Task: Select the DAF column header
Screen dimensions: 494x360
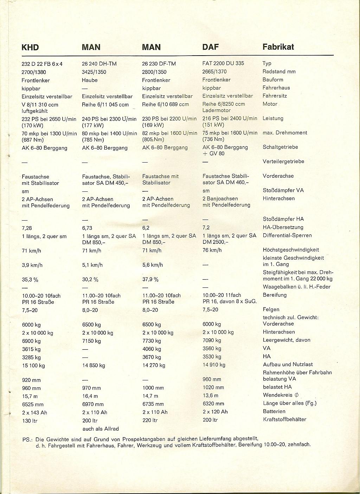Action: pos(210,47)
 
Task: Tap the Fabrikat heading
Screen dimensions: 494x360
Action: pos(278,47)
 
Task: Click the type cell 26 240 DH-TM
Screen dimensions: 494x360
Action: pos(99,64)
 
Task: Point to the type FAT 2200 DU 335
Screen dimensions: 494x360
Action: pos(223,63)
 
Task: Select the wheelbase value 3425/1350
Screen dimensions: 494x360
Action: pos(94,72)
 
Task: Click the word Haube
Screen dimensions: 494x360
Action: pos(90,80)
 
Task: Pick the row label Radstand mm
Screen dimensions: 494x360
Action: pos(279,71)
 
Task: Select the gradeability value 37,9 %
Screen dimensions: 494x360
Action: pos(150,279)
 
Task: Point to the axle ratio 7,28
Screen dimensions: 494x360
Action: pos(27,228)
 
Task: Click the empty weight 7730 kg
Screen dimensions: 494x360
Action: pos(152,341)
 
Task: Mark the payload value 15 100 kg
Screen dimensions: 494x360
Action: pos(33,366)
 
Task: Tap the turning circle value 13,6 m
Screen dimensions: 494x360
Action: pos(211,395)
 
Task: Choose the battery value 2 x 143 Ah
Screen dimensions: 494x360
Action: pos(34,412)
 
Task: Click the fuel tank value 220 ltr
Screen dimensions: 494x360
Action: pos(150,420)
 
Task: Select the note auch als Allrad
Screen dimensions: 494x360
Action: pos(101,429)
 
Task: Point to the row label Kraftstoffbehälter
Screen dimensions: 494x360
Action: pos(284,419)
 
